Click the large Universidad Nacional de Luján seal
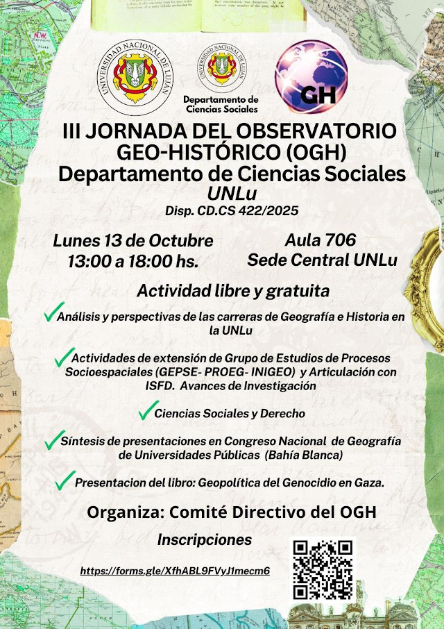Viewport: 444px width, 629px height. pos(135,76)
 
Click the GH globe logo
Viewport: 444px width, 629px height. pos(311,78)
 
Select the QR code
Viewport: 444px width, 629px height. pos(323,569)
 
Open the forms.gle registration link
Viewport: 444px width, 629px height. pos(175,571)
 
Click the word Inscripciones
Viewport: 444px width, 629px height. pos(205,540)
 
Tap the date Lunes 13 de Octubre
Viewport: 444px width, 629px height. pos(133,242)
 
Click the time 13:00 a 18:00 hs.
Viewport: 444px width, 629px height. pos(133,262)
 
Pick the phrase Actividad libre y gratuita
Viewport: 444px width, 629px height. pos(232,290)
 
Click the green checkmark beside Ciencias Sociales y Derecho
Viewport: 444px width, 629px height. pos(148,411)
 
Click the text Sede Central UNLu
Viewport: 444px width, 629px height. pos(322,260)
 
